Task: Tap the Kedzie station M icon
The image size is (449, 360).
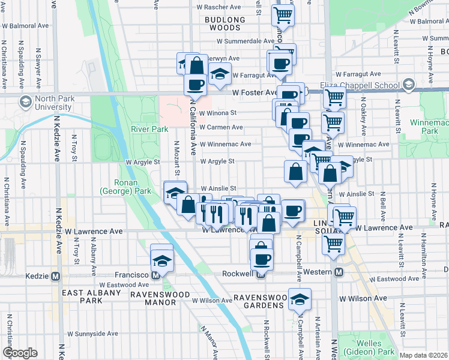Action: pos(56,276)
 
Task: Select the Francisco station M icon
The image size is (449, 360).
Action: pos(155,275)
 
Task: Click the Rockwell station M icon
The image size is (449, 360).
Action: pos(261,275)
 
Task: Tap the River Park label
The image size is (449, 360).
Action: pos(149,129)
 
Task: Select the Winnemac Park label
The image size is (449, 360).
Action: pos(433,126)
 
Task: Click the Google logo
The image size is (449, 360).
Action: pos(20,353)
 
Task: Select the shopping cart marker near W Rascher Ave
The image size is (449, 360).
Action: pos(283,14)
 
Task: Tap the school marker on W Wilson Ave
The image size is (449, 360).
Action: pos(300,298)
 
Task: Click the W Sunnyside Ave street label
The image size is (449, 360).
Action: pos(93,334)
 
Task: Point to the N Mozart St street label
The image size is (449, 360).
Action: pos(177,160)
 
